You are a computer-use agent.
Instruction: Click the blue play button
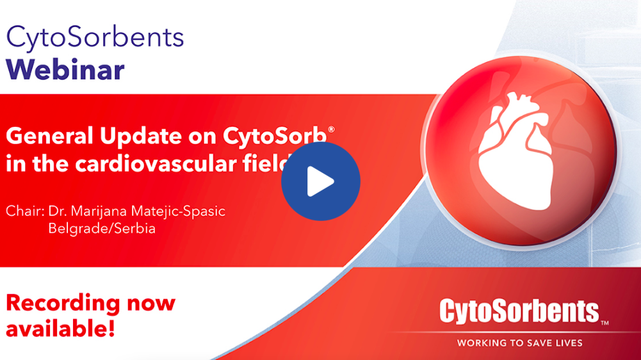(x=320, y=181)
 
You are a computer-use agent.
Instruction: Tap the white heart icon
(x=516, y=151)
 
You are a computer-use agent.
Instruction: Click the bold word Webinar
(x=65, y=70)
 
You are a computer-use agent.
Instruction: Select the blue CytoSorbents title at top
(x=95, y=38)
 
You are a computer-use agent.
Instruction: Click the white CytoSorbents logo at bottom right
(x=519, y=311)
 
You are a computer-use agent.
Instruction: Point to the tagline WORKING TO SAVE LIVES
(x=519, y=343)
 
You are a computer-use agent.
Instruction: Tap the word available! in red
(x=60, y=329)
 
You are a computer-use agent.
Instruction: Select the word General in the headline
(x=49, y=135)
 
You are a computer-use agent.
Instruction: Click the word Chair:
(x=25, y=211)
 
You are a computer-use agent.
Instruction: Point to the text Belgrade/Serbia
(x=102, y=228)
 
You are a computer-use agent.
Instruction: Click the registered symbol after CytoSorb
(x=331, y=129)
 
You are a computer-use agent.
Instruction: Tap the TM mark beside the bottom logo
(x=604, y=323)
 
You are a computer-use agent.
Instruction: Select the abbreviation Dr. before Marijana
(x=57, y=211)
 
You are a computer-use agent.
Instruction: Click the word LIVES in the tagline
(x=567, y=343)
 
